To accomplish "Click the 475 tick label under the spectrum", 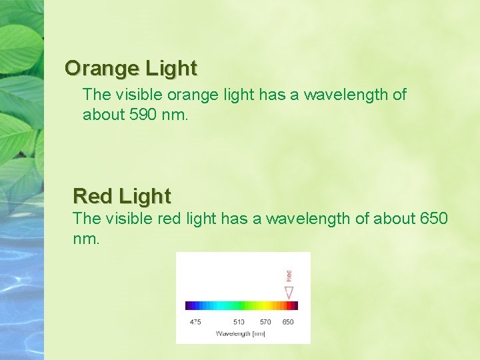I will point(195,322).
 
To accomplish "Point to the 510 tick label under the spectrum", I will point(238,322).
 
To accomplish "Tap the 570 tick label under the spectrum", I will point(265,322).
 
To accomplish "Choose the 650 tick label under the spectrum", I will point(287,322).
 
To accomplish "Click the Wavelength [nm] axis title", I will point(240,333).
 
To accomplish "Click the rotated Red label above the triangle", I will point(289,275).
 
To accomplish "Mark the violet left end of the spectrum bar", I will point(189,306).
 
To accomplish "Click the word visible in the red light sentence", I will point(133,218).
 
